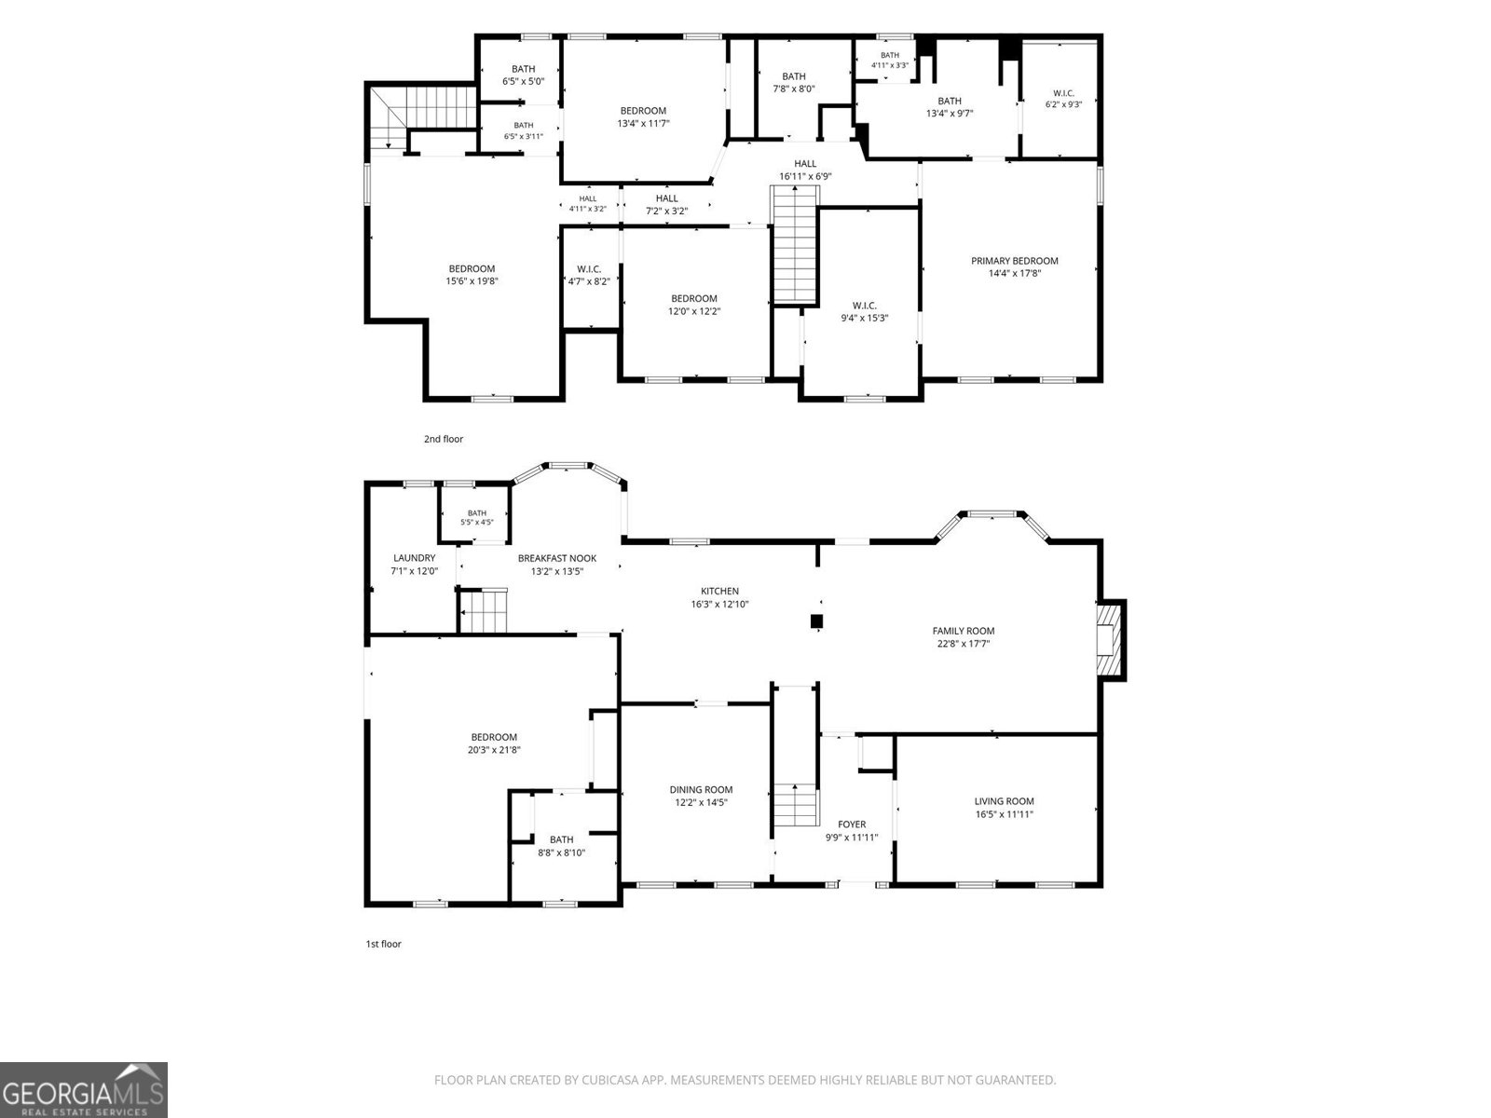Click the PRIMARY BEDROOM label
pos(1014,261)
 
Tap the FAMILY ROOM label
pos(964,631)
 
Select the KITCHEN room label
pos(719,592)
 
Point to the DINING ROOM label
pos(701,789)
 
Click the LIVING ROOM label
pos(1004,801)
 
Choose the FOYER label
pos(852,825)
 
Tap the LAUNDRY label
pos(415,558)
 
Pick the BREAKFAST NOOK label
pos(557,558)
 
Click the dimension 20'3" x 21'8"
pos(495,750)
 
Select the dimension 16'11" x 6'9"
pos(806,176)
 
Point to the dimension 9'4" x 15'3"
pos(864,318)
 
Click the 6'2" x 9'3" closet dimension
pos(1063,104)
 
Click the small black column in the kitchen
pos(816,621)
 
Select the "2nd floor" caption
pos(444,439)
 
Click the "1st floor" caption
pos(384,944)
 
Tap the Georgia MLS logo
pos(84,1089)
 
